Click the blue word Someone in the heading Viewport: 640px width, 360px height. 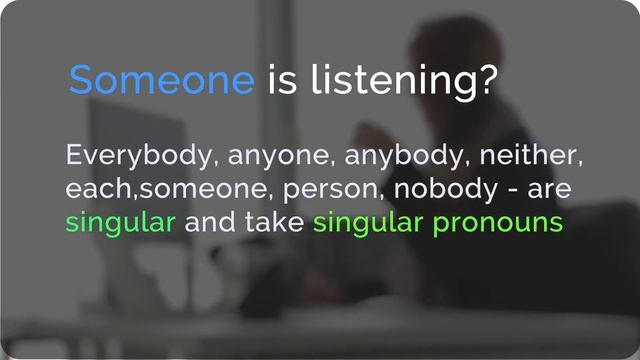pos(162,80)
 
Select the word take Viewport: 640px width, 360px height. pos(274,221)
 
